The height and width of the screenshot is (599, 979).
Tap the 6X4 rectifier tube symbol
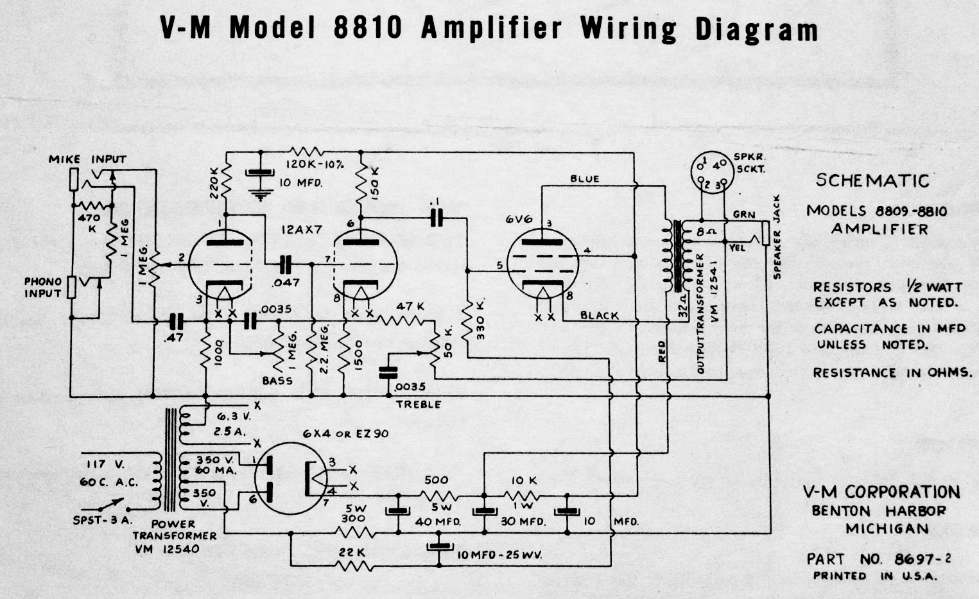tap(291, 478)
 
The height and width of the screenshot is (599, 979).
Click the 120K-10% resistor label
tap(314, 164)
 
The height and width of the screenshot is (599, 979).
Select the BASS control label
tap(277, 381)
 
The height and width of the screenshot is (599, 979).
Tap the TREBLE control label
tap(419, 404)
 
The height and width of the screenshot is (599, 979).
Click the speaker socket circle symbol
tap(711, 173)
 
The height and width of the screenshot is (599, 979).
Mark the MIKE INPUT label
tap(87, 159)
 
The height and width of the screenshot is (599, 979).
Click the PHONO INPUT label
tap(43, 288)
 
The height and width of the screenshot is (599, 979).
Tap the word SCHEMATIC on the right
tap(872, 180)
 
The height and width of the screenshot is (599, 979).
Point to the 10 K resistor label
tap(524, 481)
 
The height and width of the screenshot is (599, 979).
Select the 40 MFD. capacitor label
tap(438, 522)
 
